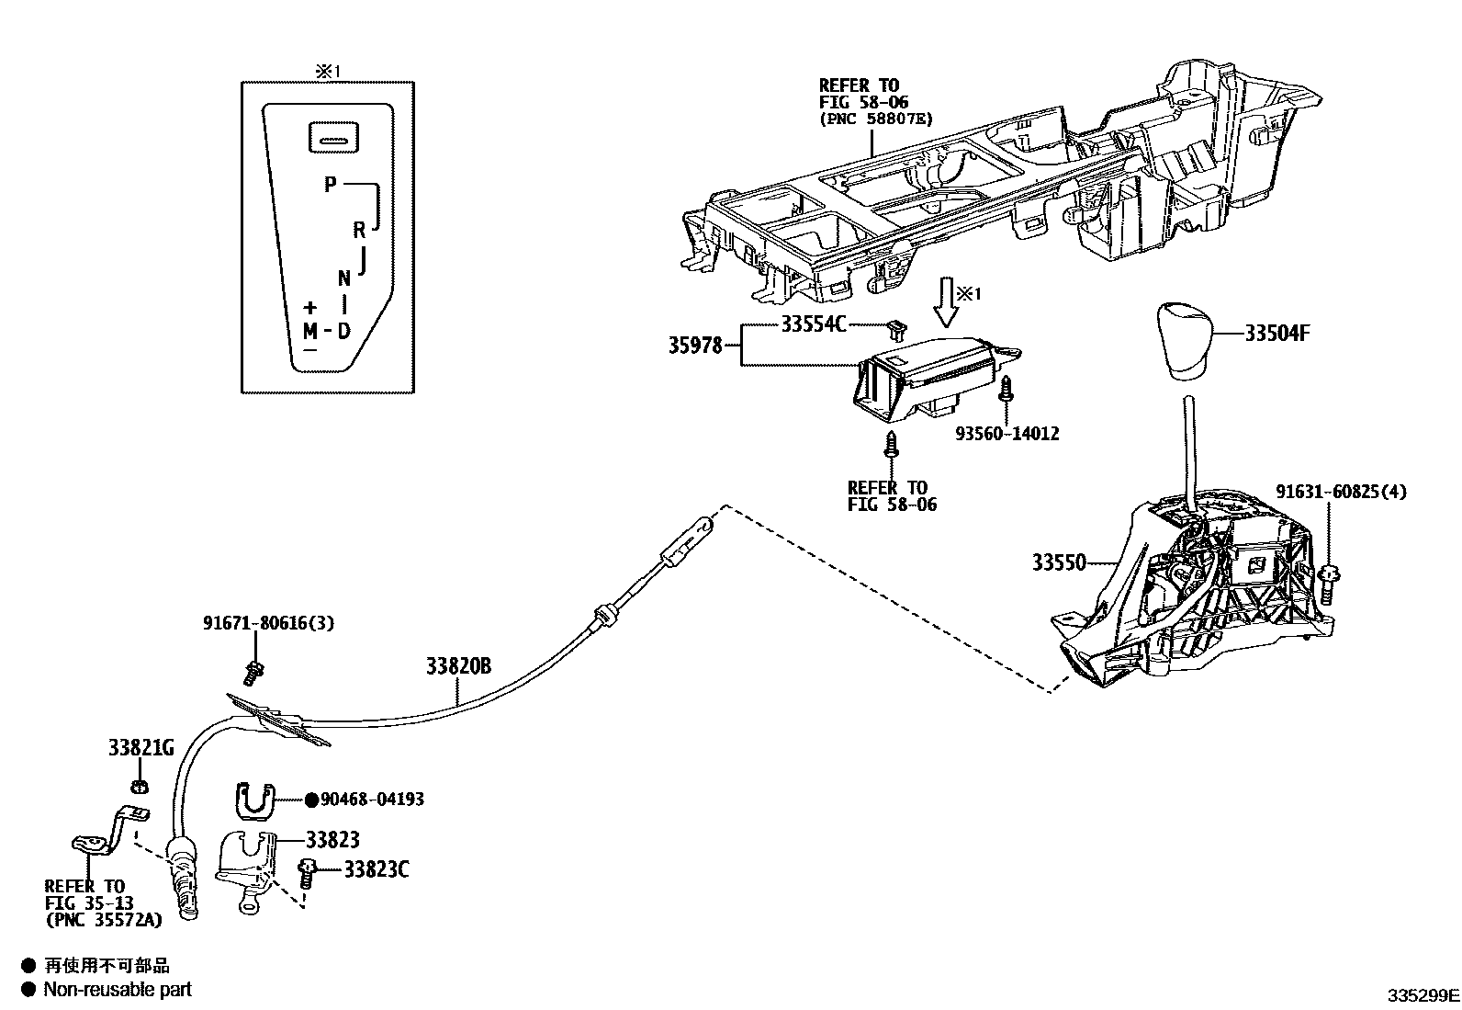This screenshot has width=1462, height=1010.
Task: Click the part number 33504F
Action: [1276, 334]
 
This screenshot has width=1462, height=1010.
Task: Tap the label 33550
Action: [1059, 562]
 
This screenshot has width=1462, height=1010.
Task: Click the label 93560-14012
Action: [1006, 434]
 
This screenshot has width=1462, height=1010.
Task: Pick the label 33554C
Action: [814, 324]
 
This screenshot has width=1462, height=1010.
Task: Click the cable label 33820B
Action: [457, 666]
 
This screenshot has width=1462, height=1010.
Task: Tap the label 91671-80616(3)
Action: [268, 623]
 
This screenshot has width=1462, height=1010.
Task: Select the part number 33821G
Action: [141, 748]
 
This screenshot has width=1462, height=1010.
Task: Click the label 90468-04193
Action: [372, 800]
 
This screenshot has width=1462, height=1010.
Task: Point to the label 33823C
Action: [377, 868]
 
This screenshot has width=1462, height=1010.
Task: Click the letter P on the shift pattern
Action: [331, 185]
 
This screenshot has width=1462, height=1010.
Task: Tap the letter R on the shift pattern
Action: [359, 230]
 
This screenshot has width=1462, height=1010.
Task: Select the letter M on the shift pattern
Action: [310, 331]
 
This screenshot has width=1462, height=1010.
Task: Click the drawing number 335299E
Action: [1423, 995]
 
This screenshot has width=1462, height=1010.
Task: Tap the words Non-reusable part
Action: [118, 990]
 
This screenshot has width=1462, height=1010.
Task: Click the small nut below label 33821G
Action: [139, 786]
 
